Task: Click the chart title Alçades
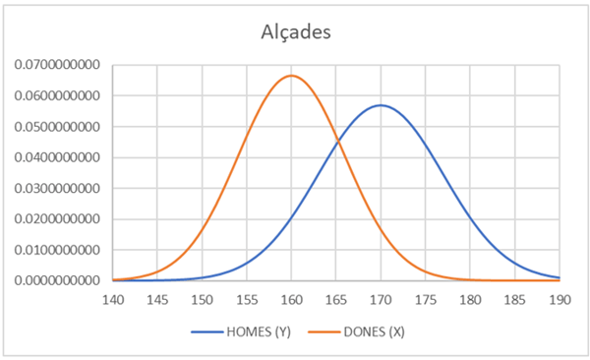tap(296, 32)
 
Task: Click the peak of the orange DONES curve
tap(292, 76)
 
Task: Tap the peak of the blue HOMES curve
tap(381, 105)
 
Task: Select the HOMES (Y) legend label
tap(259, 331)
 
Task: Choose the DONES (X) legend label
tap(374, 331)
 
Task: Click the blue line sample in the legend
tap(206, 331)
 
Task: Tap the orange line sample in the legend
tap(324, 331)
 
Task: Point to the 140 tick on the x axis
tap(113, 300)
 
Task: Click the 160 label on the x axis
tap(292, 300)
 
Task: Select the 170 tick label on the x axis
tap(381, 300)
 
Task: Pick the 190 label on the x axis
tap(560, 300)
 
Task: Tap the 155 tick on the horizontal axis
tap(247, 300)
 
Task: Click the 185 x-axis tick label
tap(515, 300)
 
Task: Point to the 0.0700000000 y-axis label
tap(57, 65)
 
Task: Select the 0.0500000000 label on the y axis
tap(57, 127)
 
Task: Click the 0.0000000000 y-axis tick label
tap(57, 280)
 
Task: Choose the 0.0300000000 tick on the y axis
tap(57, 188)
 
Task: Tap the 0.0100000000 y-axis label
tap(57, 250)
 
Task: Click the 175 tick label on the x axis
tap(426, 300)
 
